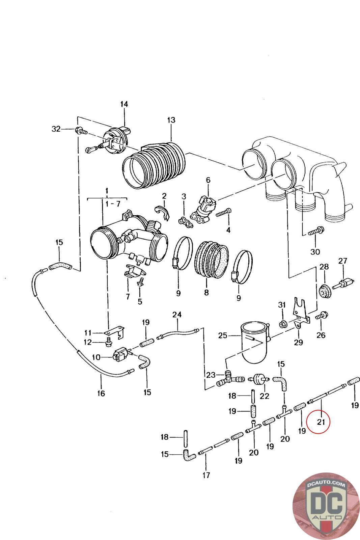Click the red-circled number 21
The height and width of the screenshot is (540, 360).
click(x=321, y=421)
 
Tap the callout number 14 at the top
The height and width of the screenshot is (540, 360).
click(x=124, y=104)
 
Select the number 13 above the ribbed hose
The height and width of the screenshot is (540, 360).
click(x=171, y=120)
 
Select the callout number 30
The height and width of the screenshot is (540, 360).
click(x=315, y=251)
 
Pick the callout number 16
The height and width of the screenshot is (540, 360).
click(x=101, y=393)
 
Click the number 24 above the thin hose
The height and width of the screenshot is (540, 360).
click(x=177, y=315)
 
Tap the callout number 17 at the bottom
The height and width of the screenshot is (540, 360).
click(x=206, y=475)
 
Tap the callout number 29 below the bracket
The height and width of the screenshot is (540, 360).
click(x=298, y=343)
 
